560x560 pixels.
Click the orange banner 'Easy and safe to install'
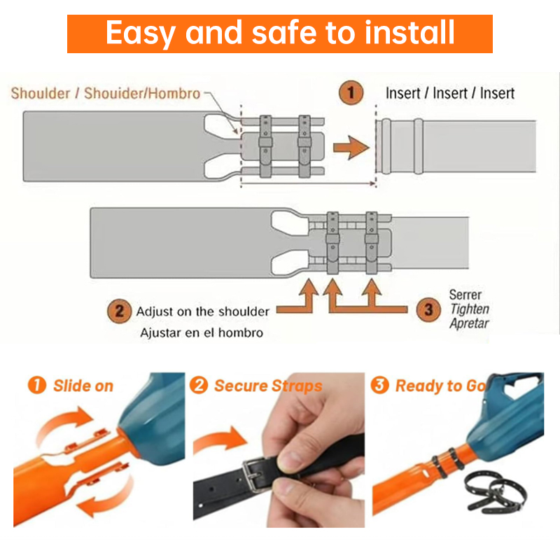[x=279, y=34]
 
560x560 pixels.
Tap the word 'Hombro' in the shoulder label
[x=174, y=94]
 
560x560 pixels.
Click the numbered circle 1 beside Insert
[x=351, y=93]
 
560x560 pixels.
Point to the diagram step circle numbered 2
[x=119, y=311]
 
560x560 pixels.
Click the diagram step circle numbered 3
[x=428, y=309]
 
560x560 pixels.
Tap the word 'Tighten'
[x=470, y=309]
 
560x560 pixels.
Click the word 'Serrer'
[x=465, y=295]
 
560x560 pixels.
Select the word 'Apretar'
[x=469, y=323]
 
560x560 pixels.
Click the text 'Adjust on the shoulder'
[x=202, y=311]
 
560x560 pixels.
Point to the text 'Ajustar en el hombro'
[x=202, y=333]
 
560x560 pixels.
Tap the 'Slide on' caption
[x=83, y=386]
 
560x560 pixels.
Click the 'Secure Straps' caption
[x=268, y=386]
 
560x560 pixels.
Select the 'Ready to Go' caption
[x=441, y=386]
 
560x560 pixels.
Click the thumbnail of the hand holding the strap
[x=279, y=450]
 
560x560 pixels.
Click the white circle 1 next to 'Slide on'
[x=37, y=385]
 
